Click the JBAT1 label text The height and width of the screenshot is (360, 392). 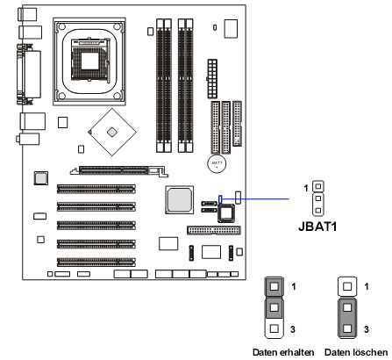pyautogui.click(x=317, y=227)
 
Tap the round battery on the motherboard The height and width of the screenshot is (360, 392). pyautogui.click(x=217, y=164)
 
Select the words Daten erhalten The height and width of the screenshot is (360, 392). pyautogui.click(x=283, y=352)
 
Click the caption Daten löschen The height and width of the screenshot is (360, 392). pyautogui.click(x=356, y=352)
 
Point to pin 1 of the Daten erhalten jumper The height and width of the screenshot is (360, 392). pyautogui.click(x=274, y=286)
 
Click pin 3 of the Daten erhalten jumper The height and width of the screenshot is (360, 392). pyautogui.click(x=274, y=328)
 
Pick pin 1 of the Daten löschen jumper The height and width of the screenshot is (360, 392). pyautogui.click(x=347, y=286)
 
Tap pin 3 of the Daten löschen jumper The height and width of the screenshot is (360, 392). pyautogui.click(x=347, y=328)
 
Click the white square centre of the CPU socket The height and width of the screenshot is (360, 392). pyautogui.click(x=89, y=61)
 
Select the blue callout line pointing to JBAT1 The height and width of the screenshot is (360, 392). pyautogui.click(x=255, y=199)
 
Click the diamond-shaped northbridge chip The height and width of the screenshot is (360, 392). pyautogui.click(x=111, y=133)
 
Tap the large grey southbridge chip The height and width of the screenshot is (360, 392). pyautogui.click(x=179, y=199)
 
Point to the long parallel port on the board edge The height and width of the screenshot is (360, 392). pyautogui.click(x=29, y=74)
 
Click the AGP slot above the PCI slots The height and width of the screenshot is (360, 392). pyautogui.click(x=119, y=170)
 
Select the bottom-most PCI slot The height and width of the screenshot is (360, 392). pyautogui.click(x=96, y=262)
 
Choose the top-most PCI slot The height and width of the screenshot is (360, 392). pyautogui.click(x=96, y=189)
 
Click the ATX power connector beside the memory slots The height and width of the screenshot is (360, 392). pyautogui.click(x=212, y=78)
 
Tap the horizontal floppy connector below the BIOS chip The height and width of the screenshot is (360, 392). pyautogui.click(x=214, y=230)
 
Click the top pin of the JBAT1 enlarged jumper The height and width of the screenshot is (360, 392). pyautogui.click(x=318, y=186)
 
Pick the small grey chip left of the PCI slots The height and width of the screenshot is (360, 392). pyautogui.click(x=40, y=178)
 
